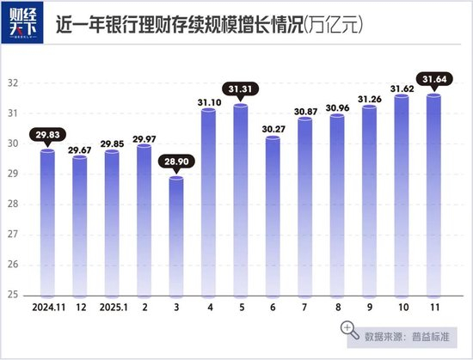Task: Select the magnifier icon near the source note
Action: pos(349,329)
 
